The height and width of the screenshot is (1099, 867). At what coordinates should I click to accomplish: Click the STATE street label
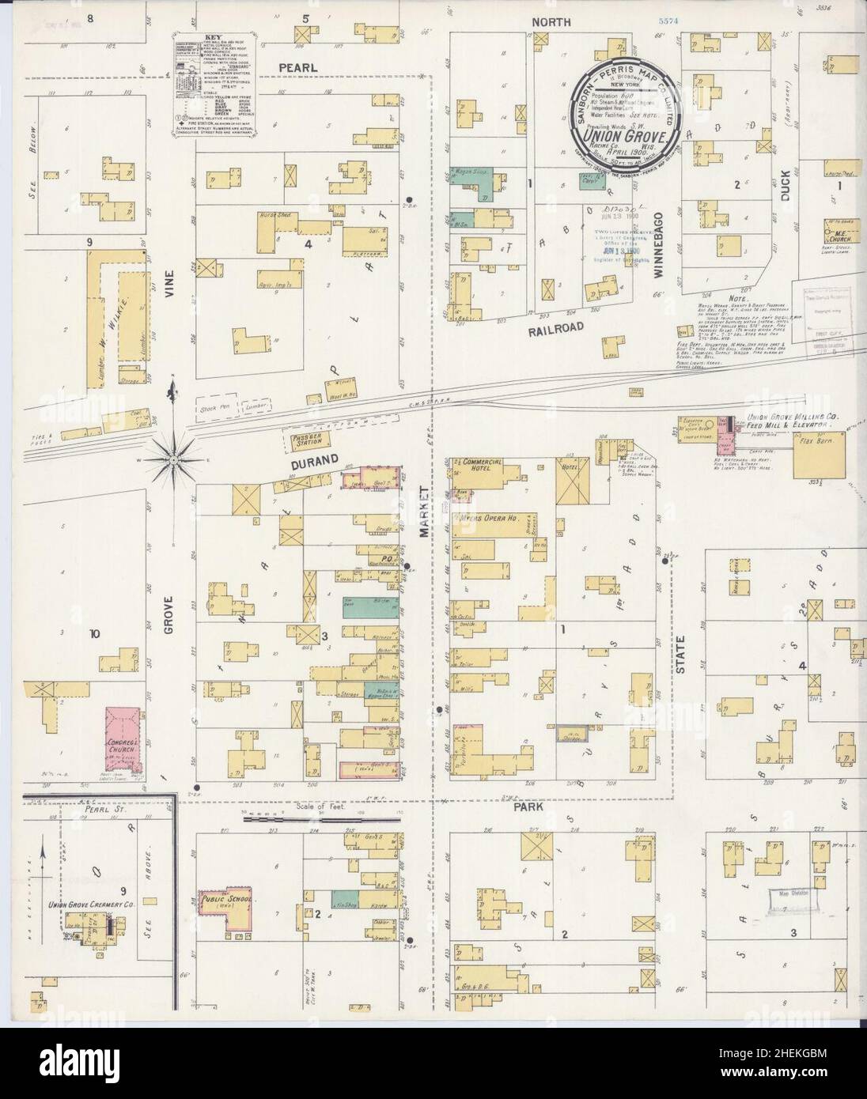(680, 652)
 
